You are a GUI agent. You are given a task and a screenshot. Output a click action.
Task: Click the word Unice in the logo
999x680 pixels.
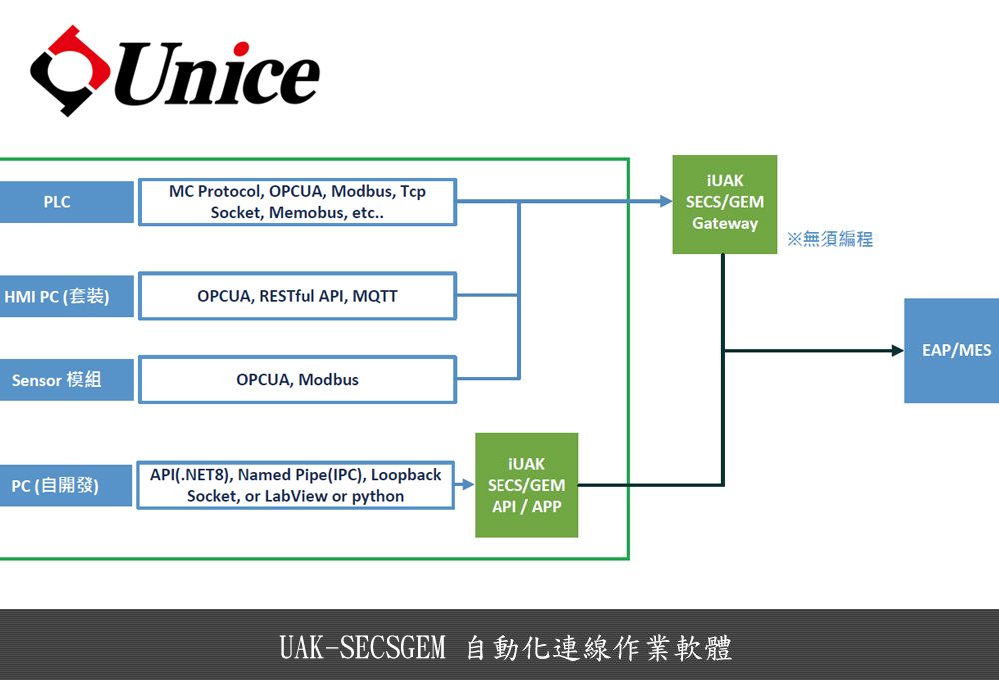coord(217,73)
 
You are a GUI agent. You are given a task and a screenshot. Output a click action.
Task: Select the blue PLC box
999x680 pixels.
coord(66,202)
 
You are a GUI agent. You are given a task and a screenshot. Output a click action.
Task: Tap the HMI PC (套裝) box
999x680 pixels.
coord(66,296)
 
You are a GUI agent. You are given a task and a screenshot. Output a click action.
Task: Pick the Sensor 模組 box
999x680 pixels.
coord(66,380)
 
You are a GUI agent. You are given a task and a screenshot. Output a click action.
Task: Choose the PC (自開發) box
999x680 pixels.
coord(66,485)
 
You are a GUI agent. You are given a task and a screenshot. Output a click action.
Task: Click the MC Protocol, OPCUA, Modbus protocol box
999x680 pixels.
coord(297,202)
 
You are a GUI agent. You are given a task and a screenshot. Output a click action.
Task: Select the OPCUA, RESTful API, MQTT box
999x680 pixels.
coord(297,296)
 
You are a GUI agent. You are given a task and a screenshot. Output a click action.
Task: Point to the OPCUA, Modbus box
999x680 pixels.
coord(297,380)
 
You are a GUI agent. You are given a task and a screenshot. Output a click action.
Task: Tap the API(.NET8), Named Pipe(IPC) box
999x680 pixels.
coord(295,485)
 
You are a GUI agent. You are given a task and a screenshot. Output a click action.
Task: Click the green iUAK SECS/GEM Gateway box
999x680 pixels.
coord(725,204)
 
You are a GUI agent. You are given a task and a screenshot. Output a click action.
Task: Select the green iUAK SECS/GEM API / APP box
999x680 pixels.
coord(526,485)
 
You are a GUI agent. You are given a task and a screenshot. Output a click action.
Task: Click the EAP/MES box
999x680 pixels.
coord(952,350)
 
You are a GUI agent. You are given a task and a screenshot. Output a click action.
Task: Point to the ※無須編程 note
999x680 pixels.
coord(830,239)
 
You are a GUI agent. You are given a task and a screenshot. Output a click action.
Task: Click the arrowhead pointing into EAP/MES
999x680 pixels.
coord(898,350)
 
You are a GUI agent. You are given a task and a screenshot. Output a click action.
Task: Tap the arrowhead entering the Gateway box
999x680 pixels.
coord(666,202)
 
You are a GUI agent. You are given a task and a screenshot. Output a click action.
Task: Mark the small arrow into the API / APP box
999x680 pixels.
coord(464,485)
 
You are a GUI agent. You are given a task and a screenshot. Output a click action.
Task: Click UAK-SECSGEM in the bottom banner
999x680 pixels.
coord(362,647)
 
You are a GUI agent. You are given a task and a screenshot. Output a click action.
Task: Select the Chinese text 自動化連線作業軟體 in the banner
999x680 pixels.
coord(598,648)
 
